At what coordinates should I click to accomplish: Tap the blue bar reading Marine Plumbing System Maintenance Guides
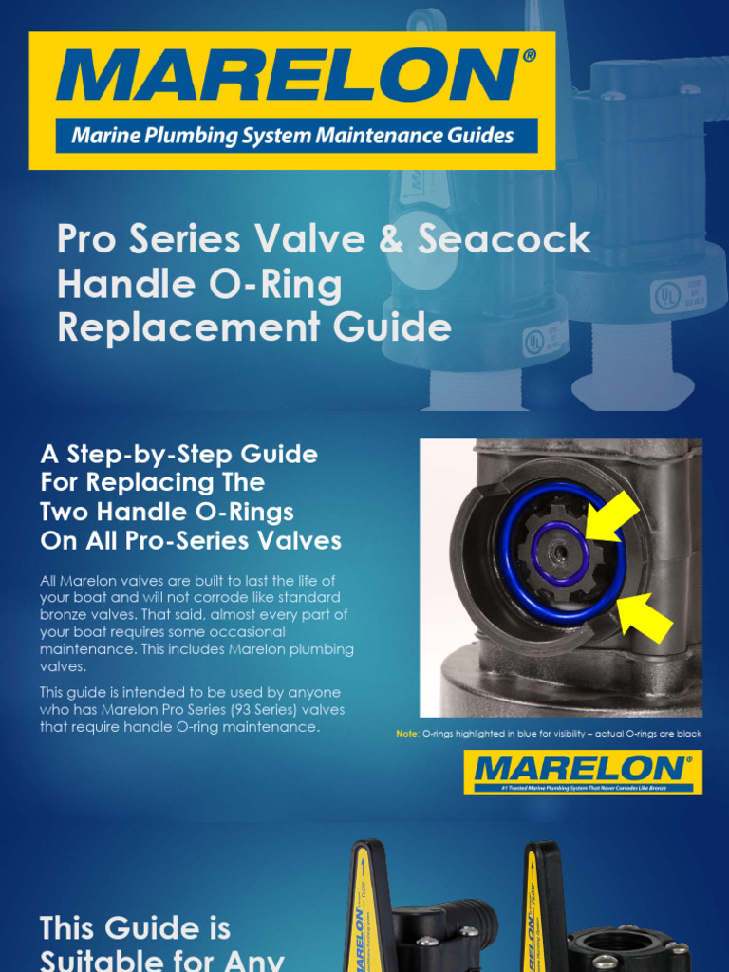pos(293,135)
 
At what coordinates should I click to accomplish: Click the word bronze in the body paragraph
pos(67,614)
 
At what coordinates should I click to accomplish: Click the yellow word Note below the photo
pos(405,734)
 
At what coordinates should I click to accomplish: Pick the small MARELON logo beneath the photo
pos(582,771)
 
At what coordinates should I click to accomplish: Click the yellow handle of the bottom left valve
pos(362,911)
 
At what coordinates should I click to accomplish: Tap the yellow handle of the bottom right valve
pos(536,911)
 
